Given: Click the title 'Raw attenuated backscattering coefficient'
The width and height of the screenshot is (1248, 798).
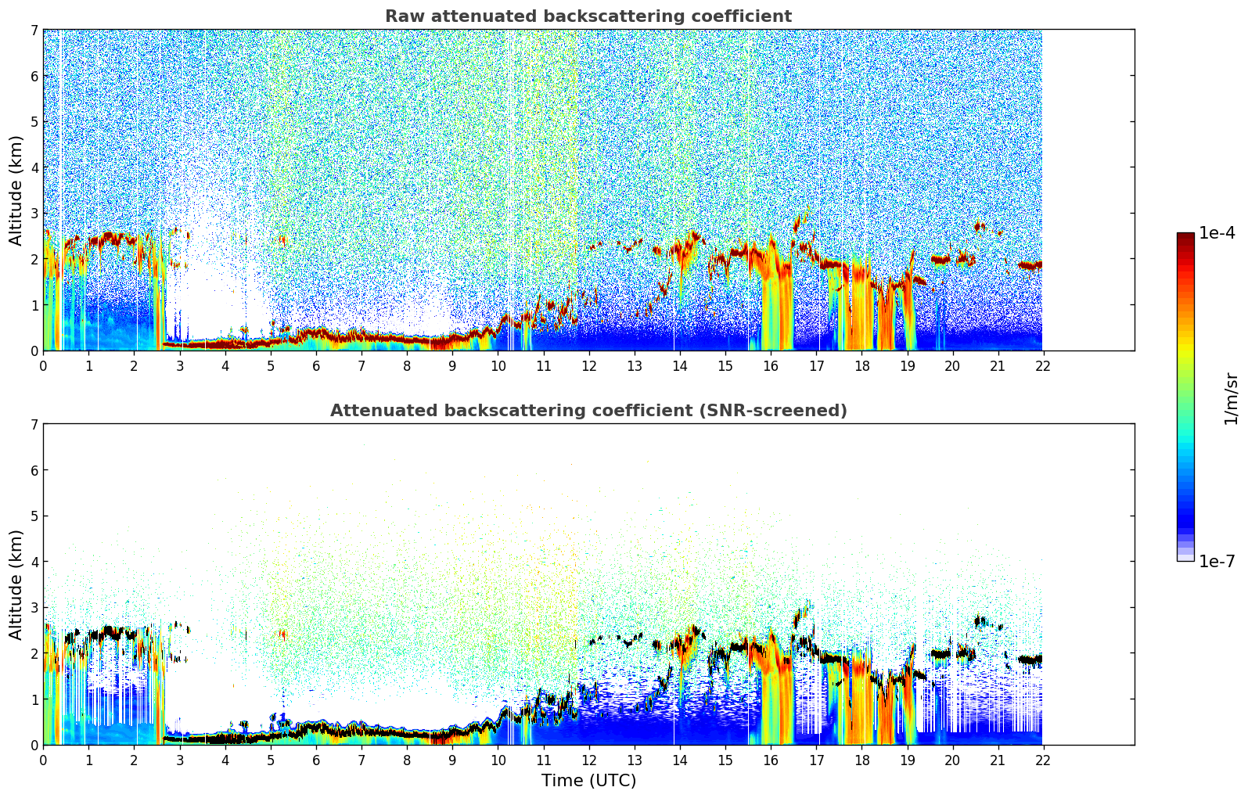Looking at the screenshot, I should (x=588, y=16).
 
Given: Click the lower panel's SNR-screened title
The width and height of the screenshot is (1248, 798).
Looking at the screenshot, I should (x=588, y=411).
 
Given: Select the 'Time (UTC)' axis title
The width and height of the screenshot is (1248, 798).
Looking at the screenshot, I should (x=588, y=781).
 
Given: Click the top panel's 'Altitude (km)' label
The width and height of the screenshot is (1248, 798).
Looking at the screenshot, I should (x=16, y=190).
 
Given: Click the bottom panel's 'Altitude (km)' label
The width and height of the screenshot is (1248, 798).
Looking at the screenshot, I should (x=16, y=584).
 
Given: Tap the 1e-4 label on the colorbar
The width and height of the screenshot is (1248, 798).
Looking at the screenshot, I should (x=1217, y=233).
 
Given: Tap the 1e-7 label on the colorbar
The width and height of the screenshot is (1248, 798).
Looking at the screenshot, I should (x=1217, y=561).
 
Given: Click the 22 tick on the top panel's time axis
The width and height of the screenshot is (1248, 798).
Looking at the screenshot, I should (x=1043, y=365).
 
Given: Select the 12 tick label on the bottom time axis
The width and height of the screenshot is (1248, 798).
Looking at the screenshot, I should (x=588, y=760).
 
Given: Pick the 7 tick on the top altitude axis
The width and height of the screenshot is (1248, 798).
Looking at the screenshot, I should (x=34, y=31).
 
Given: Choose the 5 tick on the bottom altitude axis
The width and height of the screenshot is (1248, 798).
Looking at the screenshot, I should (x=34, y=516).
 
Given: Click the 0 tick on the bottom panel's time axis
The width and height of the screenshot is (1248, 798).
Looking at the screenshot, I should (x=43, y=760).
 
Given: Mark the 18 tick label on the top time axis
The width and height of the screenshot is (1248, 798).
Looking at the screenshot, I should (x=861, y=365).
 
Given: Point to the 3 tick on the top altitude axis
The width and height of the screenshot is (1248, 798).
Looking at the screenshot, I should (x=34, y=214).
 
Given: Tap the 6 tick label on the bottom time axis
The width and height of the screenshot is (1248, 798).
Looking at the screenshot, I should (x=316, y=760).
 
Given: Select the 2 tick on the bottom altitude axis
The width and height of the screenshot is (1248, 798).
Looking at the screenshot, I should (x=34, y=653).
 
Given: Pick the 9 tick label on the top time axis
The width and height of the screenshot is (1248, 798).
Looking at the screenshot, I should (x=452, y=365).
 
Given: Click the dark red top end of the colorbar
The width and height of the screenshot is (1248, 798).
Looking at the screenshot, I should (x=1185, y=235).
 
